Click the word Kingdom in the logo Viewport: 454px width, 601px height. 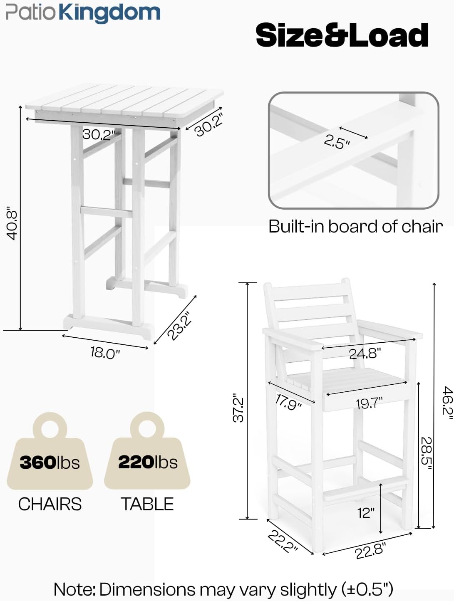pyautogui.click(x=109, y=12)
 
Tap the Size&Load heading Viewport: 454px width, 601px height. pyautogui.click(x=342, y=35)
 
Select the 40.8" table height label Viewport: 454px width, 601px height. pyautogui.click(x=12, y=225)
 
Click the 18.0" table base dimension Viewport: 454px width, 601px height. pyautogui.click(x=105, y=353)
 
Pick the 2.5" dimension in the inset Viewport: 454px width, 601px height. pyautogui.click(x=337, y=142)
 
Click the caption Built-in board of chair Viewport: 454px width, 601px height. pyautogui.click(x=355, y=227)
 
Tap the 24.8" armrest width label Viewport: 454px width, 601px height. pyautogui.click(x=365, y=354)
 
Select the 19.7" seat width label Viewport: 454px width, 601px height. pyautogui.click(x=369, y=403)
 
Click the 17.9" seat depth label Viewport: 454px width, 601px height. pyautogui.click(x=288, y=402)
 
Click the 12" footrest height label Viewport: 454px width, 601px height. pyautogui.click(x=366, y=512)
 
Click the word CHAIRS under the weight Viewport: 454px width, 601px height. pyautogui.click(x=50, y=504)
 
